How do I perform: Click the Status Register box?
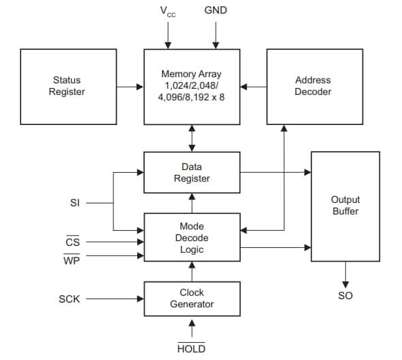[67, 87]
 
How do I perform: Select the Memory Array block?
[192, 87]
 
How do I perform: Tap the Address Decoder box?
[313, 87]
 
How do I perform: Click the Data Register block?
[192, 173]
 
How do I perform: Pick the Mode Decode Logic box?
[192, 238]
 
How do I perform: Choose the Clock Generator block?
[192, 299]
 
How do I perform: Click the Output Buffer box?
[345, 205]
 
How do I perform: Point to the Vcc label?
[167, 12]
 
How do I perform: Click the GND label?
[215, 11]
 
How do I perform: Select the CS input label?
[72, 241]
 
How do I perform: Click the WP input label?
[72, 260]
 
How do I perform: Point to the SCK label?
[68, 299]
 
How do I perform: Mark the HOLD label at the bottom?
[191, 348]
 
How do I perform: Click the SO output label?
[345, 296]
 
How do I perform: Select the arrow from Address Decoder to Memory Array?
[253, 87]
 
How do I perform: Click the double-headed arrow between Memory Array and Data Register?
[192, 139]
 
